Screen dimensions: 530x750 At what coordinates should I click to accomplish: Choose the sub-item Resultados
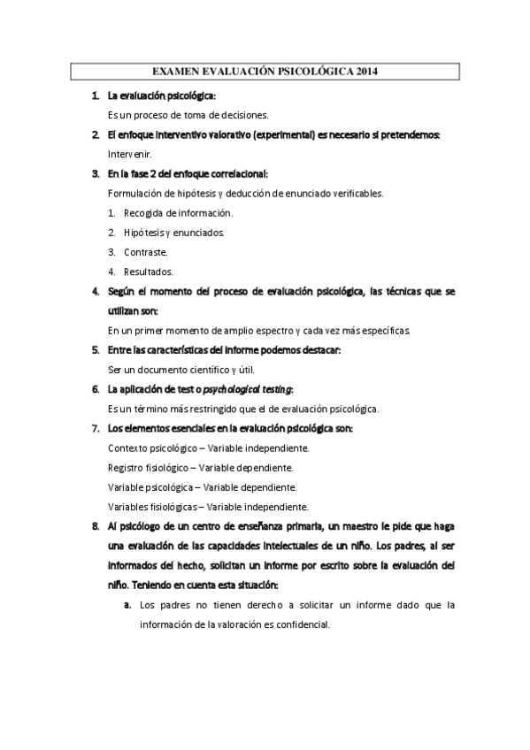(x=149, y=272)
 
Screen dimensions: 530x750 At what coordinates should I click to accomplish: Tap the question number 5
(x=95, y=349)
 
